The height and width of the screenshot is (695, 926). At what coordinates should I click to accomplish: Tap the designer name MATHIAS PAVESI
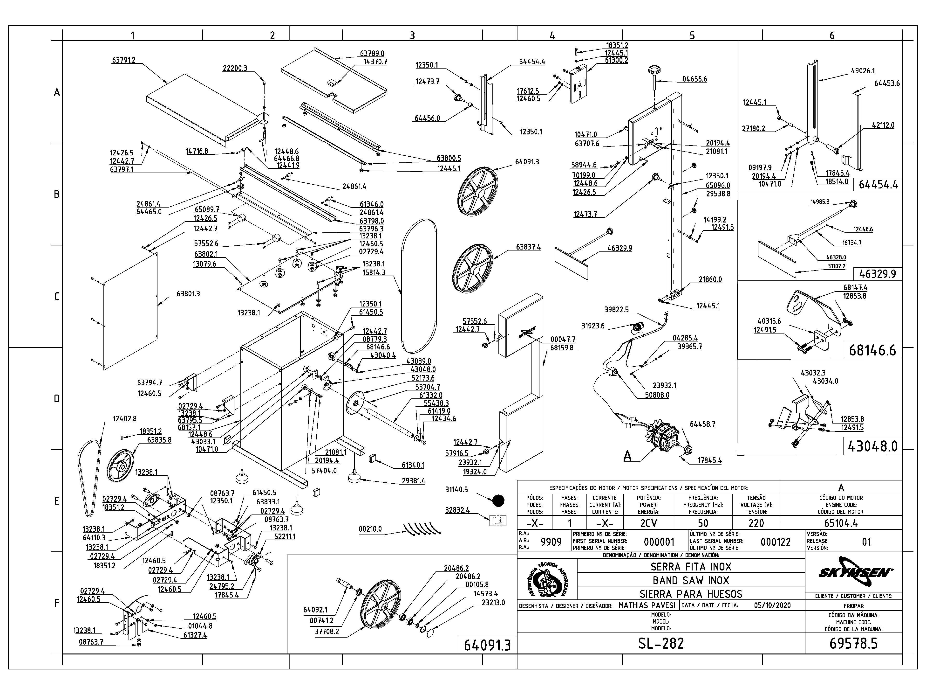[x=647, y=605]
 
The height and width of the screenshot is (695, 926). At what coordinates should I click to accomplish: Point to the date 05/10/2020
[x=772, y=605]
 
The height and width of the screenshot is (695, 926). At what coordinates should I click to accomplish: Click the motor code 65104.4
[x=841, y=523]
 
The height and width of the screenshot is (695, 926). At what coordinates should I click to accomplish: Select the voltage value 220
[x=756, y=523]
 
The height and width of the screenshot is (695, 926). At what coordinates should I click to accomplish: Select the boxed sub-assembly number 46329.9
[x=878, y=274]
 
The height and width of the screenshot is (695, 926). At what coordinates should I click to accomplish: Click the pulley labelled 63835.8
[x=120, y=466]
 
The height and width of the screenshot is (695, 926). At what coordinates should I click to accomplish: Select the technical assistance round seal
[x=547, y=580]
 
